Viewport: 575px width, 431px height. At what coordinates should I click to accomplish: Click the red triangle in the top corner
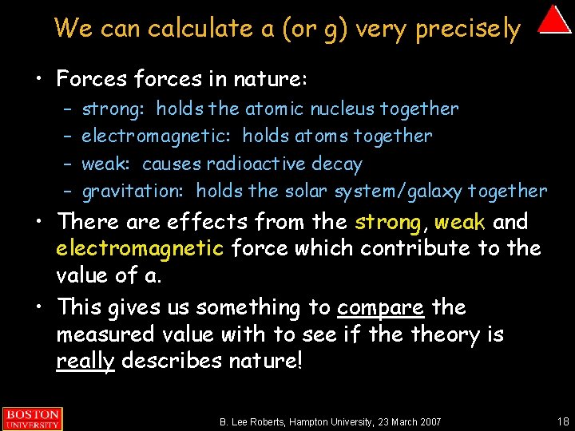point(553,20)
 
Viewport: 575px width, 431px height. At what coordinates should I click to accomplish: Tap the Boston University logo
point(31,419)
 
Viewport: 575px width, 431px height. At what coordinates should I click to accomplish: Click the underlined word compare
point(379,307)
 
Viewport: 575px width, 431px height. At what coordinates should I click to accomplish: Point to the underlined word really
point(85,361)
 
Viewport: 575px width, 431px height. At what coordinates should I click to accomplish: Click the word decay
point(339,164)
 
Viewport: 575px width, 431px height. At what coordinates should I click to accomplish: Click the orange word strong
point(387,221)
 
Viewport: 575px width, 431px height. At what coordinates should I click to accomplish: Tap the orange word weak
point(461,221)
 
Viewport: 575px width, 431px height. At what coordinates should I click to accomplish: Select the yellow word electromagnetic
point(140,248)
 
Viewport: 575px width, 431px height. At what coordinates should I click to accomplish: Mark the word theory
point(444,334)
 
